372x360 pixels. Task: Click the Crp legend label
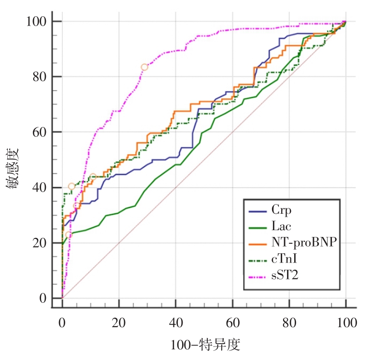pyautogui.click(x=284, y=211)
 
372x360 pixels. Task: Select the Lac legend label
pyautogui.click(x=284, y=226)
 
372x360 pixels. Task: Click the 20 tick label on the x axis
pyautogui.click(x=119, y=322)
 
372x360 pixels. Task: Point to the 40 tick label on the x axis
pyautogui.click(x=176, y=322)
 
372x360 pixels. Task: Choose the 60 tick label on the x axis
pyautogui.click(x=233, y=322)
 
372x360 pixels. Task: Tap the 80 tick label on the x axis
pyautogui.click(x=289, y=322)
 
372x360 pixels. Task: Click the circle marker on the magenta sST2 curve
pyautogui.click(x=144, y=67)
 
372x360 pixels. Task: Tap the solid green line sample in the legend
pyautogui.click(x=258, y=226)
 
